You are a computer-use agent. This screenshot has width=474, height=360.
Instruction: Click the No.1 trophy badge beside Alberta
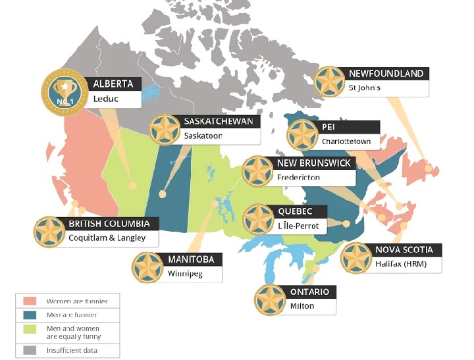[x=64, y=91]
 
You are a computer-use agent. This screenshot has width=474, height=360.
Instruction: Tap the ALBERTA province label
[x=113, y=84]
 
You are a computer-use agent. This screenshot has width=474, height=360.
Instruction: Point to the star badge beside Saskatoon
[x=165, y=130]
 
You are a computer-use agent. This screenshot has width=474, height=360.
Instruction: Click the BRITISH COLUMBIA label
[x=113, y=224]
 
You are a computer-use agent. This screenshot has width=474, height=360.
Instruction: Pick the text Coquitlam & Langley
[x=107, y=238]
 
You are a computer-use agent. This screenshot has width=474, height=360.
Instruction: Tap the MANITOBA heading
[x=190, y=259]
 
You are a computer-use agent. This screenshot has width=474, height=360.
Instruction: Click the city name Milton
[x=302, y=306]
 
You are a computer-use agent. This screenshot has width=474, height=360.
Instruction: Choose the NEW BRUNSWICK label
[x=314, y=163]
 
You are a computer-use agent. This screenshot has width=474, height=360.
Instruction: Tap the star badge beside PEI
[x=303, y=134]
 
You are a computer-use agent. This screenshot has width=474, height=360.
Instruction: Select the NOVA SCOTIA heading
[x=404, y=249]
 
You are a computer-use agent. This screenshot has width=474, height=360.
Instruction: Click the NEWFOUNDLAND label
[x=385, y=73]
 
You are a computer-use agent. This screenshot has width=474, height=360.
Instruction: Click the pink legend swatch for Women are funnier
[x=30, y=301]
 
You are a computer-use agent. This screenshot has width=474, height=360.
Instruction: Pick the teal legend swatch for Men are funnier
[x=30, y=315]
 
